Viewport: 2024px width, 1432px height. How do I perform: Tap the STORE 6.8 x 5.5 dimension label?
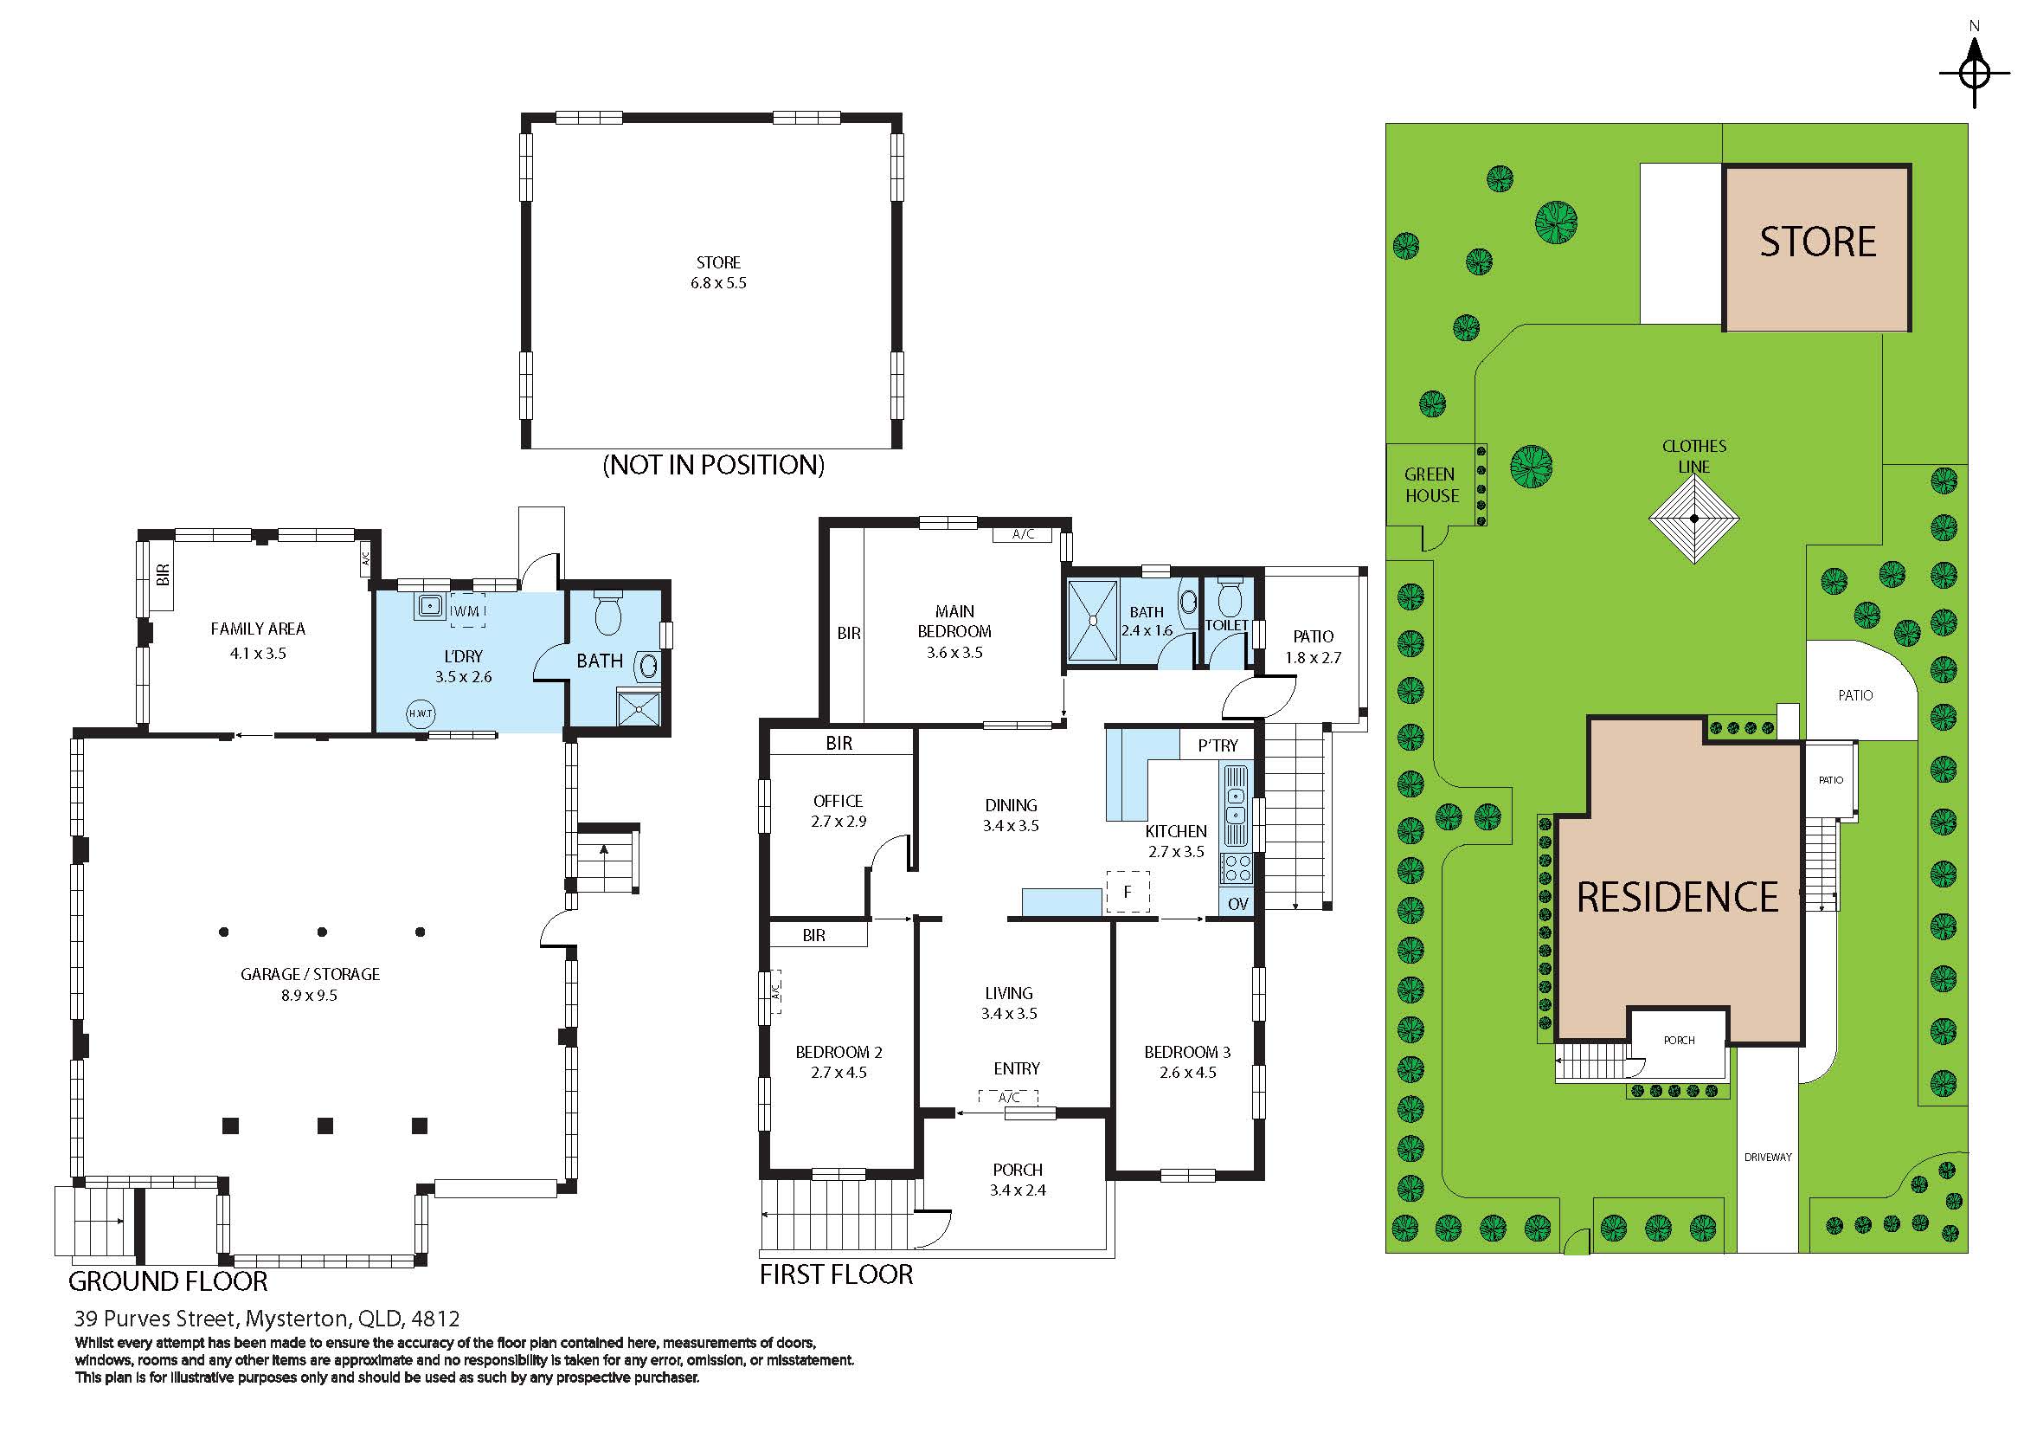point(718,273)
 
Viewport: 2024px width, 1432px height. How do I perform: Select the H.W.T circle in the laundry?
point(421,713)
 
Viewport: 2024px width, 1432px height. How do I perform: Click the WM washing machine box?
point(467,611)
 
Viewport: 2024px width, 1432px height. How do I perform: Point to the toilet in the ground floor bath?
point(608,612)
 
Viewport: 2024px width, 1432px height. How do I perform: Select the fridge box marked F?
point(1128,892)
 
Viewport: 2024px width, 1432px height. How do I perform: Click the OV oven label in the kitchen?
point(1237,904)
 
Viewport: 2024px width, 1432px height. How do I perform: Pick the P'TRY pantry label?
point(1218,746)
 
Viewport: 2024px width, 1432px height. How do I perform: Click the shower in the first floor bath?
point(1093,621)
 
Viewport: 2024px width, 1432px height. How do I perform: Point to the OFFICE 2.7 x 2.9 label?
point(839,811)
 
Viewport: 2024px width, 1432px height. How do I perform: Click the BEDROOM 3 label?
point(1187,1052)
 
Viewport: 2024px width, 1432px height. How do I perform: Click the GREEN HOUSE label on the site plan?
point(1430,485)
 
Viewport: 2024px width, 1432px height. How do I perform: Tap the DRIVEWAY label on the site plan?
point(1769,1157)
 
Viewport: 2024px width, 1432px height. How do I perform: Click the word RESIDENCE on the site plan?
point(1678,898)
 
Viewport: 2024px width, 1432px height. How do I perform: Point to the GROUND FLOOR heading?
point(168,1281)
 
